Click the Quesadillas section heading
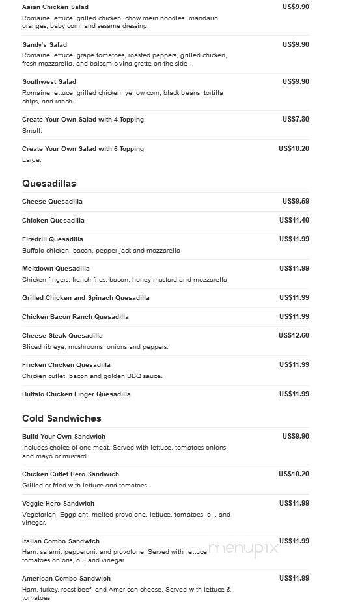[49, 184]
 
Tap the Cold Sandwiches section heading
[61, 418]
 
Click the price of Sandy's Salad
[295, 44]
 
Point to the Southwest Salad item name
[49, 82]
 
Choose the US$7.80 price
[295, 119]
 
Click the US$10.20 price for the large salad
[294, 148]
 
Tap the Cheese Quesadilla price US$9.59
[295, 201]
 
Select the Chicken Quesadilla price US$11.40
[294, 220]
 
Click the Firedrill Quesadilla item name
[53, 239]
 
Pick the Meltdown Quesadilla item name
[56, 269]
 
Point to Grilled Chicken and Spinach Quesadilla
[86, 298]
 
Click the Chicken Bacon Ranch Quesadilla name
[76, 317]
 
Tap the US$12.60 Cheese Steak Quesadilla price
[294, 335]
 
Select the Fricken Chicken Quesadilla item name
[66, 365]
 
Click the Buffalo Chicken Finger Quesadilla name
[76, 394]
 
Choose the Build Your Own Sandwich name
[64, 437]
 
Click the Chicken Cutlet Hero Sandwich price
[294, 474]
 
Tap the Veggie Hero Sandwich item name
[58, 504]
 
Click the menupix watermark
[244, 548]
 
